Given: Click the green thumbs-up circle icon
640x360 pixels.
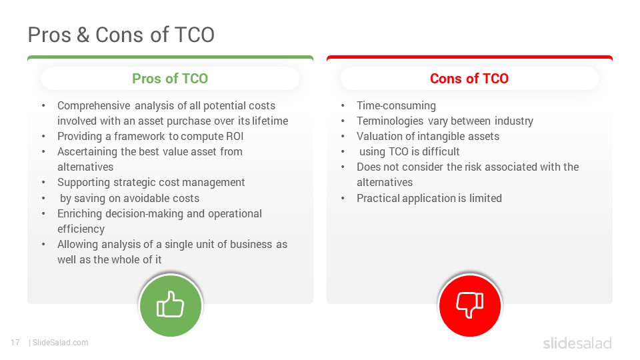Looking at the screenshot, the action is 171,305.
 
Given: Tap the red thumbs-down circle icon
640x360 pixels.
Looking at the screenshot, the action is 470,305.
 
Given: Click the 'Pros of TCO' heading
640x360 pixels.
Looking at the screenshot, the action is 170,79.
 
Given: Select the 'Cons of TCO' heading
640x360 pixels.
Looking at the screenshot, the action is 469,79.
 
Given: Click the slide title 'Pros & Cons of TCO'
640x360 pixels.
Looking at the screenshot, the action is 121,35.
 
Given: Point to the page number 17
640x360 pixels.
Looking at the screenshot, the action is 15,343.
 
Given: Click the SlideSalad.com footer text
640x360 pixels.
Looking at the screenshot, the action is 60,343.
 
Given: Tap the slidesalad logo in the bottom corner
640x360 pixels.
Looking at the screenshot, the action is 577,343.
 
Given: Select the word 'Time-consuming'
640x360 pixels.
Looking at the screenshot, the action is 396,106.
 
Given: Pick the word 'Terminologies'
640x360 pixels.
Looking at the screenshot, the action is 384,121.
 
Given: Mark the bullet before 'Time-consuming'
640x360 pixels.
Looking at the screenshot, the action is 343,106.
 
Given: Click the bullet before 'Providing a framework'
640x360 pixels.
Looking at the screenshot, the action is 43,137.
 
